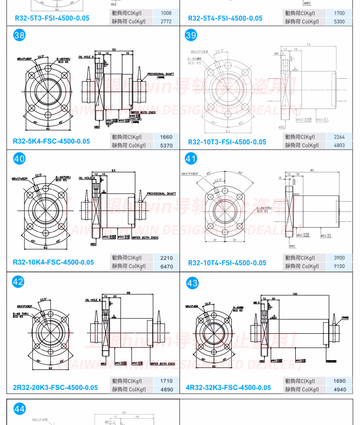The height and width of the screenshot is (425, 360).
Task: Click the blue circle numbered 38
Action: (x=20, y=35)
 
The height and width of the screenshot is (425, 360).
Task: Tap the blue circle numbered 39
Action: (x=191, y=35)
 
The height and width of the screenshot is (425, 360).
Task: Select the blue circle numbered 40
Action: (x=20, y=159)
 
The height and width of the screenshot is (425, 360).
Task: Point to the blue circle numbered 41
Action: (x=191, y=159)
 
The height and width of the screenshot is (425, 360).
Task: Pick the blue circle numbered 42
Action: (x=18, y=282)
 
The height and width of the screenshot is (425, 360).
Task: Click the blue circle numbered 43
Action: (x=192, y=283)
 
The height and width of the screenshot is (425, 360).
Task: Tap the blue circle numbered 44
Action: (x=20, y=409)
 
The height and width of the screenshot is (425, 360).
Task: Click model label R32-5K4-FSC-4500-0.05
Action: (x=51, y=141)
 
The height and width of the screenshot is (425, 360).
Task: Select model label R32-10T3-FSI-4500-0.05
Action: (x=227, y=142)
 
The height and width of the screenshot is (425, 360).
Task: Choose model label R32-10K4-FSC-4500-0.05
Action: (x=53, y=262)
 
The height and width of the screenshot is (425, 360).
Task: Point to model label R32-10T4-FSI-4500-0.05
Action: (x=227, y=263)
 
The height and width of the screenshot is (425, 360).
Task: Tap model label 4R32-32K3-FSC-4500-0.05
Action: (x=228, y=388)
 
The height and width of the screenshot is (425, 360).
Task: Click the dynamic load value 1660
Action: (x=166, y=137)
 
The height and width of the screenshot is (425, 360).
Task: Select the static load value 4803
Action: (x=339, y=145)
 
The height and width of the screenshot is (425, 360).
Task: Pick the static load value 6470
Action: (x=166, y=266)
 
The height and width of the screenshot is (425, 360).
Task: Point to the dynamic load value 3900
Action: (x=339, y=258)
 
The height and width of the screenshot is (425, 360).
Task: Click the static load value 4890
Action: (x=166, y=389)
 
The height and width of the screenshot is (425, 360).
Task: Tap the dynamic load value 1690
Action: (x=339, y=381)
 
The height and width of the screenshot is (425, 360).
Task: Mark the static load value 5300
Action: (x=339, y=22)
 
